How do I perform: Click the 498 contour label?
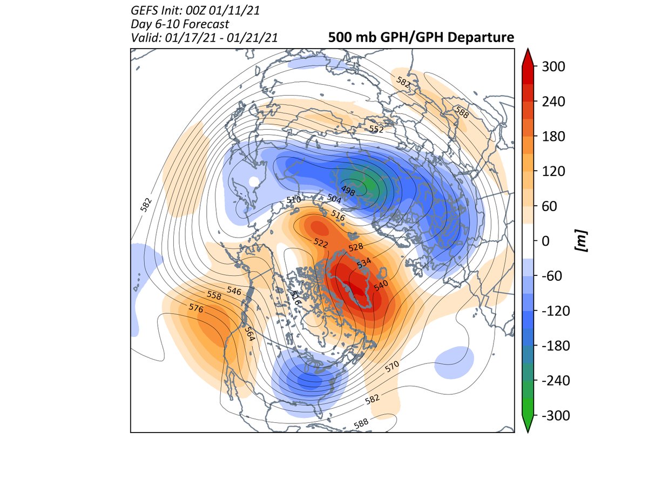348,190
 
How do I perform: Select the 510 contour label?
293,200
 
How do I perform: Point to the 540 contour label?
381,286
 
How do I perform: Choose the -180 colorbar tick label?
550,346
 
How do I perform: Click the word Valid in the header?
143,37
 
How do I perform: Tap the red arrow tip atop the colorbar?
528,54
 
